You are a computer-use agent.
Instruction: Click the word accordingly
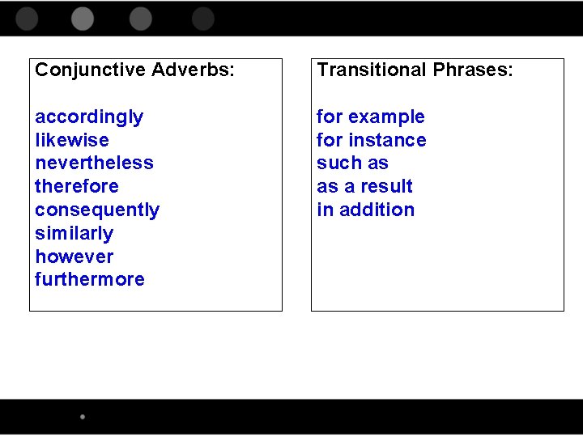(89, 117)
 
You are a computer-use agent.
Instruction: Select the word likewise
(72, 140)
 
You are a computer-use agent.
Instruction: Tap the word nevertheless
(94, 163)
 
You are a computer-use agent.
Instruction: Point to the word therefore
(77, 186)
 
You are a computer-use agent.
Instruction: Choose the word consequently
(97, 210)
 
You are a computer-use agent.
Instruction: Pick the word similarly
(74, 233)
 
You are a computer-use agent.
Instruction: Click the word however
(74, 257)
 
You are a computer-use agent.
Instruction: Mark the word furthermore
(90, 279)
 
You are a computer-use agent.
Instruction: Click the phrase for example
(371, 117)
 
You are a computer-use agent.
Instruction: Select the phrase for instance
(372, 140)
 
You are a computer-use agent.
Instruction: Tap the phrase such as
(353, 163)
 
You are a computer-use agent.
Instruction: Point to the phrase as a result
(365, 186)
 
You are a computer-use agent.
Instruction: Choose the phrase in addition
(366, 210)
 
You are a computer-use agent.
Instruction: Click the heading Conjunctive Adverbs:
(135, 70)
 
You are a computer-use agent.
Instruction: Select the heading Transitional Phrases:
(415, 70)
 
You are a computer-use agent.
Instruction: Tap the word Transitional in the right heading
(372, 70)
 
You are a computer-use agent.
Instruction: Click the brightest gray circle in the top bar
(83, 19)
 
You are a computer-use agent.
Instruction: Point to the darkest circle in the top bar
(203, 19)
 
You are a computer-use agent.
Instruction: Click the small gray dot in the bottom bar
(83, 417)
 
